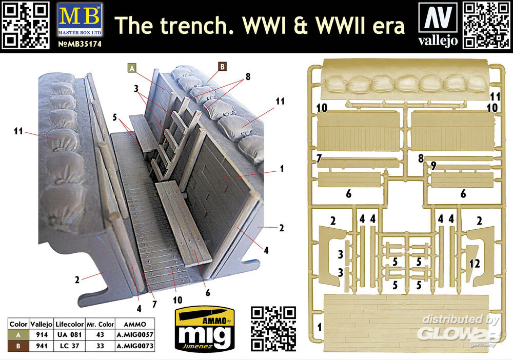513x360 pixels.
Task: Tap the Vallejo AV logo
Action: (438, 24)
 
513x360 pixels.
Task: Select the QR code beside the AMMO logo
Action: (273, 329)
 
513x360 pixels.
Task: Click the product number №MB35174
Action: (80, 44)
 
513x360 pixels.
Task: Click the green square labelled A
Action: (132, 68)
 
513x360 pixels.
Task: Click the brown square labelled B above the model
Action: (223, 67)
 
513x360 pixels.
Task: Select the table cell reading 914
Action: (42, 335)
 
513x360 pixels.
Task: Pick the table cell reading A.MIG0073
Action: (135, 346)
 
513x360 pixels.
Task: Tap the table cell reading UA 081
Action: (69, 335)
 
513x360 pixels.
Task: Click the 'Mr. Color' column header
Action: (100, 325)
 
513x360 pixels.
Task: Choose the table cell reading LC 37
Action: (69, 346)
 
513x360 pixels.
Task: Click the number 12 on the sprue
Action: (475, 263)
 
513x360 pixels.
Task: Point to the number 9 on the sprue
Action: (433, 166)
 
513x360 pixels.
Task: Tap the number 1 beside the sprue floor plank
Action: (319, 327)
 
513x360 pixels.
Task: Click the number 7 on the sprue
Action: (319, 158)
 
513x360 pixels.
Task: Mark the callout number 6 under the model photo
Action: (208, 293)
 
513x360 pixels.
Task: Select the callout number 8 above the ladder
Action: (248, 76)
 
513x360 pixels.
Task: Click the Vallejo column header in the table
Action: (42, 325)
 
